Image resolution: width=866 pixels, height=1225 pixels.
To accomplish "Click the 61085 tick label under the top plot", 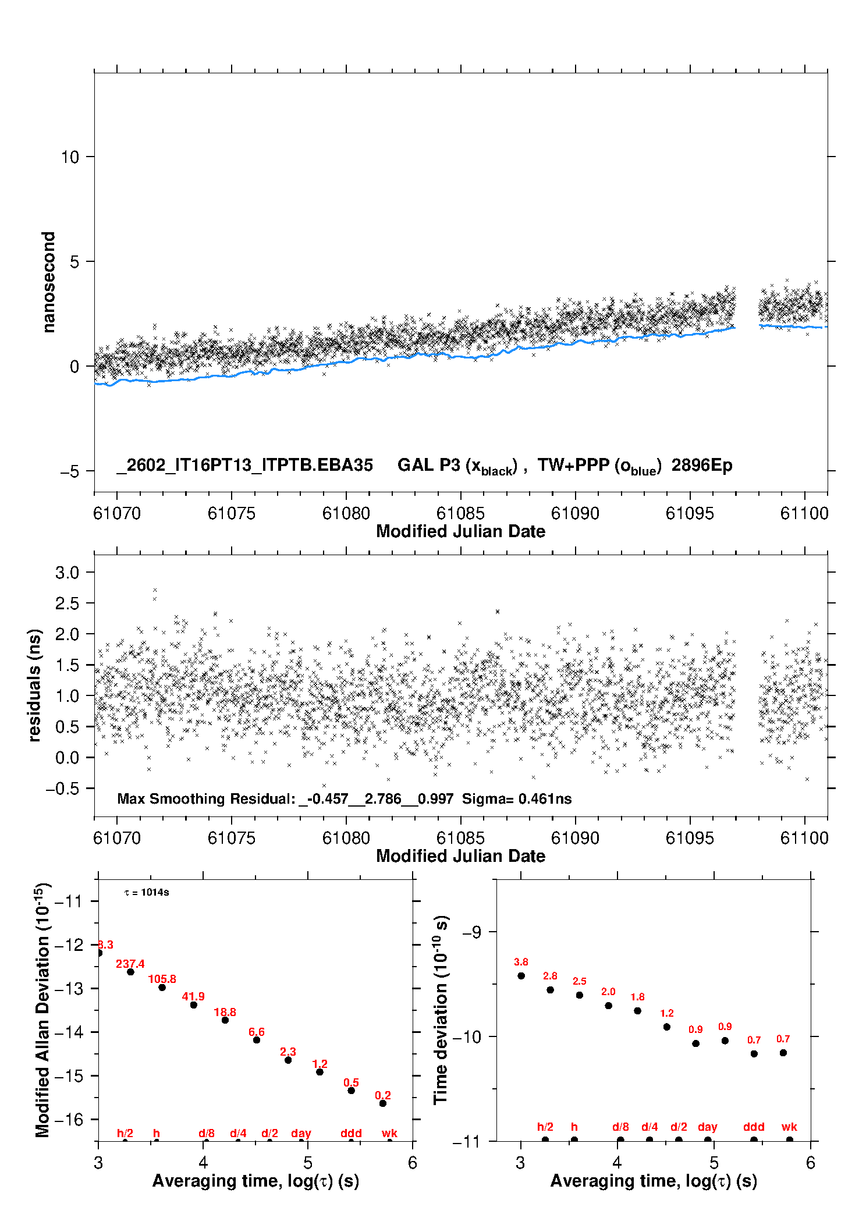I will tap(460, 513).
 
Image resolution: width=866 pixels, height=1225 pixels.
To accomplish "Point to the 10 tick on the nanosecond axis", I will tap(70, 157).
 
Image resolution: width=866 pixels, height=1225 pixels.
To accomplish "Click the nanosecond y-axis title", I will tap(49, 282).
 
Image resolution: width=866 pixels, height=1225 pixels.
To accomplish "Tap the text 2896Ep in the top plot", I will tap(701, 465).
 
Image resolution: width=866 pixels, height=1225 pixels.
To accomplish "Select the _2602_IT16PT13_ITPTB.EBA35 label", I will tap(244, 465).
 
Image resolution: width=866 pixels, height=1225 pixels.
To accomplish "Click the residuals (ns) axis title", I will tap(35, 685).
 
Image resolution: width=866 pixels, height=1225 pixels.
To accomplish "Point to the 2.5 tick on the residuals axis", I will tap(67, 603).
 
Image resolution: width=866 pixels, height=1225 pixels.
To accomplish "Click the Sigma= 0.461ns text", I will tap(517, 798).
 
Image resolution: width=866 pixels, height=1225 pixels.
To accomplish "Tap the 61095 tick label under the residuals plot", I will tap(689, 838).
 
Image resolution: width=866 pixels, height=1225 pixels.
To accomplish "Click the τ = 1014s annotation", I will tap(147, 893).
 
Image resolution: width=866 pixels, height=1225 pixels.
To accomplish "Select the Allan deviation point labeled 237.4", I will tap(130, 972).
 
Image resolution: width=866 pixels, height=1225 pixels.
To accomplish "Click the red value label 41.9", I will tap(193, 996).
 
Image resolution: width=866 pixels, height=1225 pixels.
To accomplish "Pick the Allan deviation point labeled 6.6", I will tap(257, 1040).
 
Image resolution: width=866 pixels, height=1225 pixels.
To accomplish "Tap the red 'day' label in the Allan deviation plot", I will tap(301, 1133).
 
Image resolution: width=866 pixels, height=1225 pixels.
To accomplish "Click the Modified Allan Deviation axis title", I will tap(43, 1010).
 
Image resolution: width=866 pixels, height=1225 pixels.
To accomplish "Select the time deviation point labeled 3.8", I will tap(521, 976).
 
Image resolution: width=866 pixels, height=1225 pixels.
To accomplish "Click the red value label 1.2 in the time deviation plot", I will tap(667, 1013).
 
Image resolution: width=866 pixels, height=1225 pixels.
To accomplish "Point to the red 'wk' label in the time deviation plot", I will tap(789, 1127).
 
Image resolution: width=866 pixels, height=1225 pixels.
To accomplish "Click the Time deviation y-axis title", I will tap(441, 1010).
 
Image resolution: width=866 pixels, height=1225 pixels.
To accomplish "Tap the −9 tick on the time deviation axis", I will tap(471, 932).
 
